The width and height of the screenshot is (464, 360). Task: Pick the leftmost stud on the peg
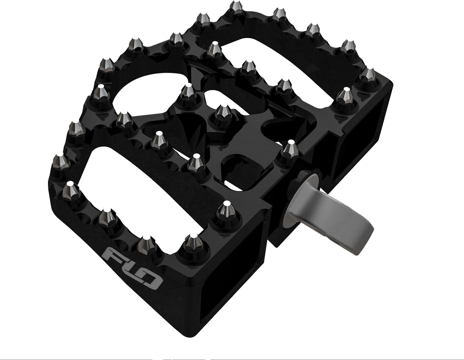60,160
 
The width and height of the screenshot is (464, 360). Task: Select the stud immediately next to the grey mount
289,149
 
